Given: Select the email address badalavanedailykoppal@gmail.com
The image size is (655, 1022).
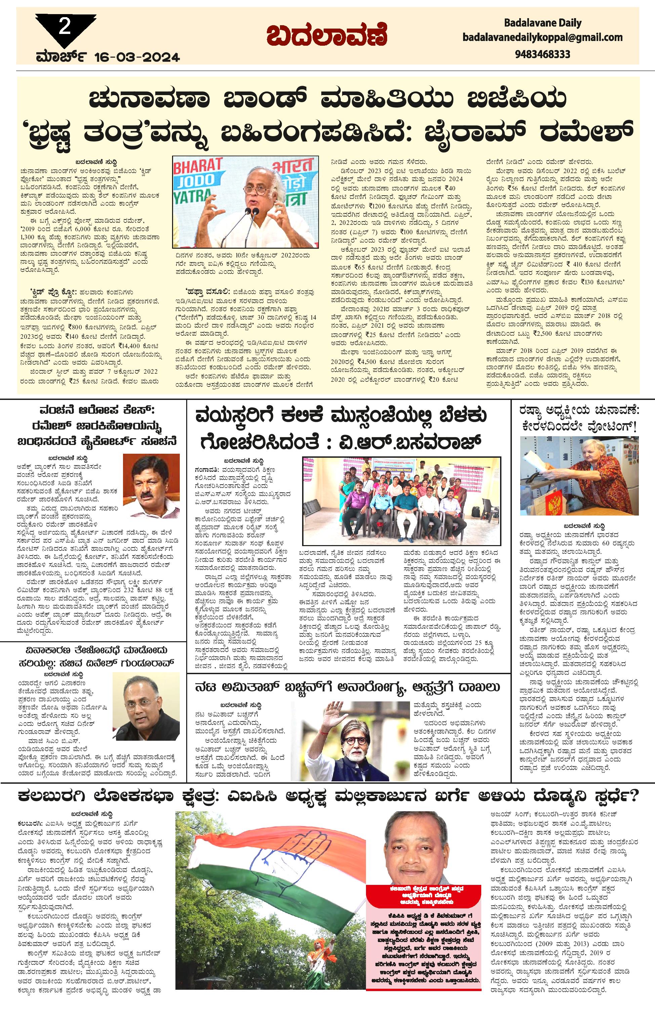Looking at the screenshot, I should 542,37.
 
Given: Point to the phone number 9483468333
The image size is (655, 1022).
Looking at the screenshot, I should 542,54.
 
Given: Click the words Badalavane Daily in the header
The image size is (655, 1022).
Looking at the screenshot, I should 542,23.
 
